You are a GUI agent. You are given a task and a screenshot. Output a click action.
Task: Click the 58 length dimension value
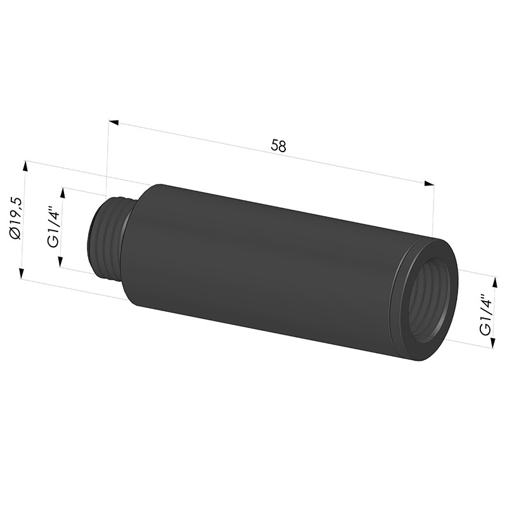tap(278, 146)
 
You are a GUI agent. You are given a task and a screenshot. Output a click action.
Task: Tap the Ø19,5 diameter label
tap(16, 218)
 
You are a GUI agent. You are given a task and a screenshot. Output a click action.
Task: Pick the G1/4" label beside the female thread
tap(485, 314)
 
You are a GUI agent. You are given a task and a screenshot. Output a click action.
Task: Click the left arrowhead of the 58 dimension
tap(113, 122)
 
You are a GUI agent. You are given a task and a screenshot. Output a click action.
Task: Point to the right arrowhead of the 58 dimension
tap(429, 183)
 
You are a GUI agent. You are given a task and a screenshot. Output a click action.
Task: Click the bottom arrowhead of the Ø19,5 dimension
tap(22, 273)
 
